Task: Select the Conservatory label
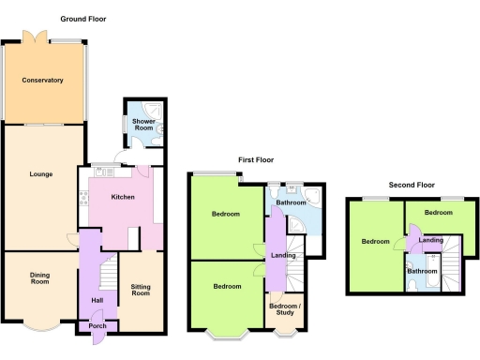pos(41,81)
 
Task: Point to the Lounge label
pos(39,173)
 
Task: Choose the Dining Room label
pos(39,277)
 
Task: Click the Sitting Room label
pos(141,290)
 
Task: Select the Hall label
pos(97,300)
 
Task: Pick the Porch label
pos(97,326)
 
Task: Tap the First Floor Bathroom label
pos(291,202)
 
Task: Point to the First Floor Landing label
pos(284,254)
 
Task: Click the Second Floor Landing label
pos(431,241)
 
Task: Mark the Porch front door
pos(97,340)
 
